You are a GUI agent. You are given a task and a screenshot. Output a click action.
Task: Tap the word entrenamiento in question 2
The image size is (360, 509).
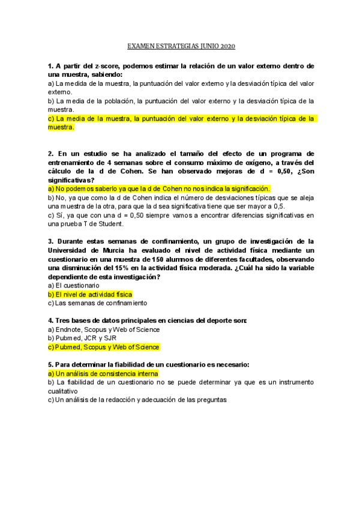pos(74,163)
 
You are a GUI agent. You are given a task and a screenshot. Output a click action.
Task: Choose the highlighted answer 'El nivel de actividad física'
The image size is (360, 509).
pos(89,295)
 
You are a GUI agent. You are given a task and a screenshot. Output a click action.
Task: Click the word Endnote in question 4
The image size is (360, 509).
pos(67,330)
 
